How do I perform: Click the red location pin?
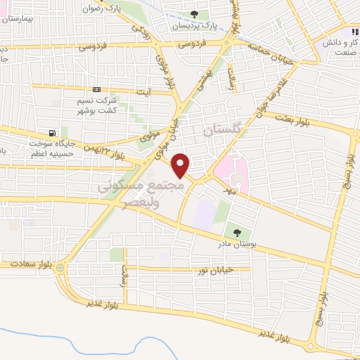point(181,165)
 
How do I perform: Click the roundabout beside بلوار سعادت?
point(61,267)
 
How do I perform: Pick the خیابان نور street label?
point(224,269)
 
